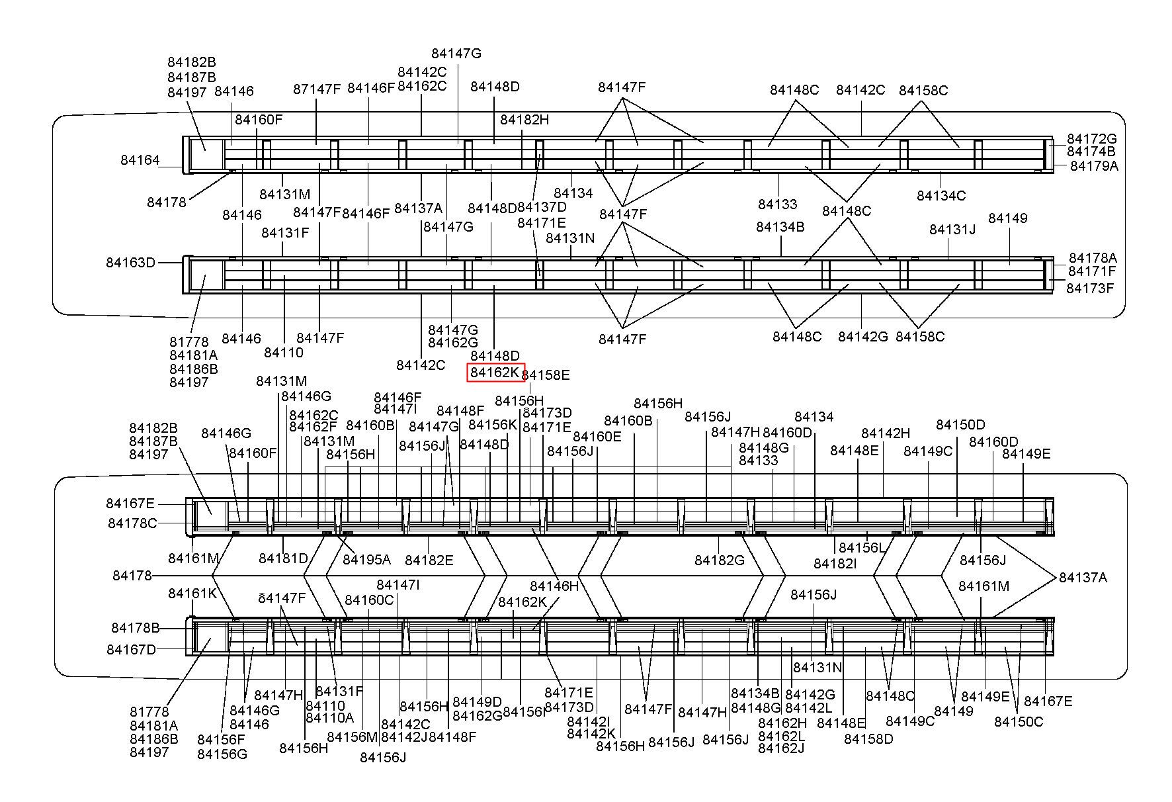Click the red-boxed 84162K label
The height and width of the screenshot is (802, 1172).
pos(495,373)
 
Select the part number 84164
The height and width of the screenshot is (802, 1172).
pos(140,160)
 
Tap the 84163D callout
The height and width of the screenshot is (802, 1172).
pos(130,263)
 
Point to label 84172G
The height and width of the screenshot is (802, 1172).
pos(1091,139)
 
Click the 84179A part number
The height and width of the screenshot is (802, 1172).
pos(1094,166)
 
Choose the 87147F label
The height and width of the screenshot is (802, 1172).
pos(317,89)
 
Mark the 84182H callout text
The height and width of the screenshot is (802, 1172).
pos(524,120)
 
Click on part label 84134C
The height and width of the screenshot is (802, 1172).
pos(941,196)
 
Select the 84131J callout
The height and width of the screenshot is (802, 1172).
pos(952,230)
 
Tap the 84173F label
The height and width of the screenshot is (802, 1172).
pos(1090,289)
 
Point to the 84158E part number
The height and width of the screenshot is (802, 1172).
pos(546,375)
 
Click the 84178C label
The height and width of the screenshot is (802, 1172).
pos(132,523)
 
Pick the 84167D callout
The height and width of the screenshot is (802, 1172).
pos(131,650)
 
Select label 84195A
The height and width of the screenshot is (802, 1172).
pos(366,560)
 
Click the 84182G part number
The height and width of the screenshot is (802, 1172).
pos(719,560)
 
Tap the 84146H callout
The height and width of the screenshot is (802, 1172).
pos(554,586)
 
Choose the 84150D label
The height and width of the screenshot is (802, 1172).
pos(960,425)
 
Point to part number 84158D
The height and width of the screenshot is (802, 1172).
pos(868,739)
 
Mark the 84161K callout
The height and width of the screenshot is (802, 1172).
pos(192,594)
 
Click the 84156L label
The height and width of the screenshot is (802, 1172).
pos(862,548)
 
